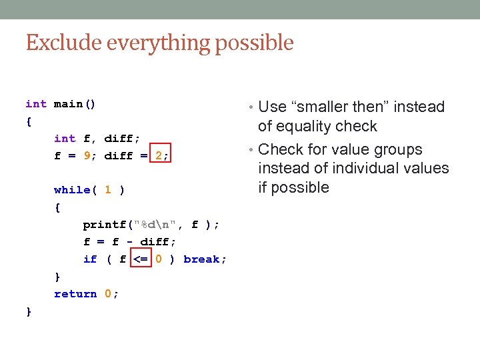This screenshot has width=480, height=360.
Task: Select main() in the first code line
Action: click(x=75, y=104)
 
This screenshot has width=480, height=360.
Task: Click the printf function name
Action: click(x=103, y=225)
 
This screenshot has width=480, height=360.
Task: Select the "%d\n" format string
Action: click(x=157, y=225)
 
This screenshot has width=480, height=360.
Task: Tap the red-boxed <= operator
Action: click(x=141, y=259)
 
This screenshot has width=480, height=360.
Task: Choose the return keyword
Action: click(x=75, y=294)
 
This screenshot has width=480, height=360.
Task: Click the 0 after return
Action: click(x=107, y=294)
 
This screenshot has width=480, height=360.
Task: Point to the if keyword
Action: click(x=89, y=259)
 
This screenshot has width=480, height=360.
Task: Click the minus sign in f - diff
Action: click(x=129, y=242)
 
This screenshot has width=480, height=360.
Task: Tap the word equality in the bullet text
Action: click(x=305, y=127)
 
